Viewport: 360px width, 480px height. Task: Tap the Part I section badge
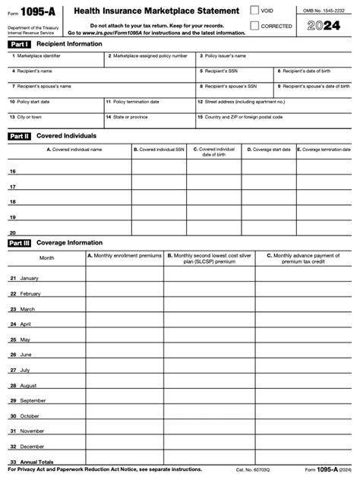pos(19,45)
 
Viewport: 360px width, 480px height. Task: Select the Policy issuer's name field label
pos(226,56)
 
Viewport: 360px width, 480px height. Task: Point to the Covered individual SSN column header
pos(159,150)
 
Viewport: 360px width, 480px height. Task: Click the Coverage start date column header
pos(271,150)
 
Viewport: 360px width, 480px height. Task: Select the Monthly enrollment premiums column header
pos(124,256)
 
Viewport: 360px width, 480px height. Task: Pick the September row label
pos(33,400)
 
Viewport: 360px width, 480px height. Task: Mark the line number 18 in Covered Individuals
pos(12,202)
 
